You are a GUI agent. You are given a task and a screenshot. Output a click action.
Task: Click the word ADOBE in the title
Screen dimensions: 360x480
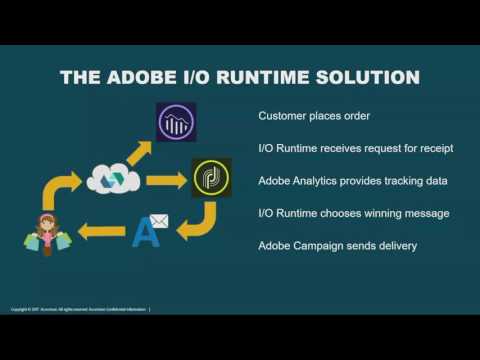138,77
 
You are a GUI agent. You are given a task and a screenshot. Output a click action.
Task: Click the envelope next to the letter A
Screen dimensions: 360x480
158,222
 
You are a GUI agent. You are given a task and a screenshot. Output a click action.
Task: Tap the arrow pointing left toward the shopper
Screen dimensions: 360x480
103,233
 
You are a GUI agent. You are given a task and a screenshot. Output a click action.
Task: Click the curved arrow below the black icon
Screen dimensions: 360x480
199,222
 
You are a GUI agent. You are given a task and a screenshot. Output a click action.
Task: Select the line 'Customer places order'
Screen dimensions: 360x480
314,116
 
